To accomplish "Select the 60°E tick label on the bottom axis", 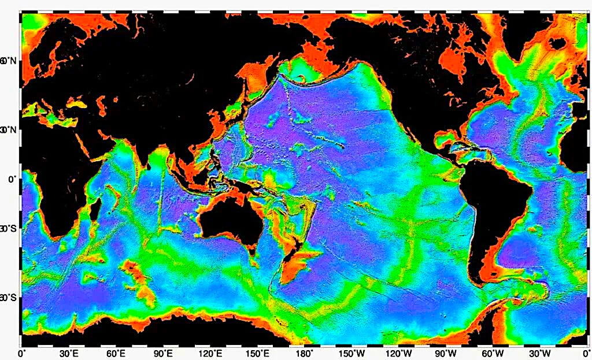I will coord(116,353).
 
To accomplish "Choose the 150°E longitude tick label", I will coord(257,353).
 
